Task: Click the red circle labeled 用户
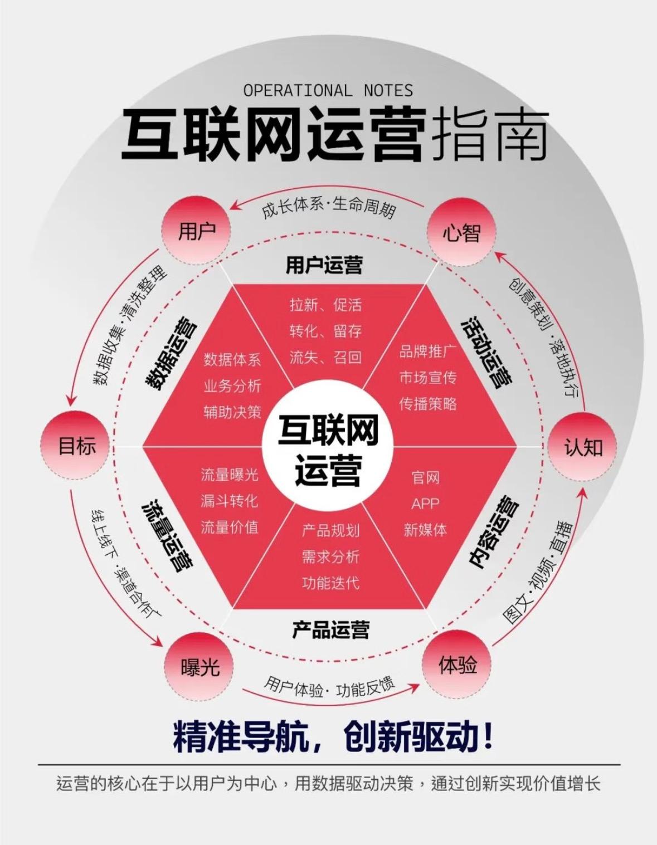(197, 232)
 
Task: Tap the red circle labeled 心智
(461, 232)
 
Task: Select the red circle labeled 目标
(77, 446)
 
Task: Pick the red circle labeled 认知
(582, 447)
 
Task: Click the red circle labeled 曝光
(199, 667)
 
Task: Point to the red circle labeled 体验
(457, 665)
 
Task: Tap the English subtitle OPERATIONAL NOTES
(328, 91)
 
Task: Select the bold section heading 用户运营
(324, 265)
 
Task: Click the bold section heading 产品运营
(330, 630)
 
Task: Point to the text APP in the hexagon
(425, 504)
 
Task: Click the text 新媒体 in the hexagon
(425, 530)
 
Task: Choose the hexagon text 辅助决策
(232, 412)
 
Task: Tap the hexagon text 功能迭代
(330, 583)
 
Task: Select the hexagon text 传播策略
(428, 404)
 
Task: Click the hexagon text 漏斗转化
(230, 501)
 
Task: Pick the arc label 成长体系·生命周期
(329, 208)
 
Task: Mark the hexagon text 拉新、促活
(325, 305)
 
